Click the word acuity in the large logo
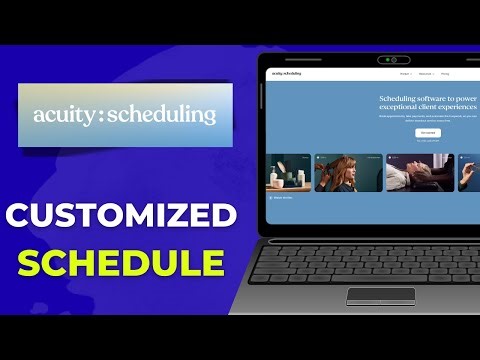[x=62, y=115]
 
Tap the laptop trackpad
[x=380, y=295]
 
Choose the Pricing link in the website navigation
[x=443, y=74]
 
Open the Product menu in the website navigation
[x=404, y=74]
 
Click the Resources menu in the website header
[x=424, y=74]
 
